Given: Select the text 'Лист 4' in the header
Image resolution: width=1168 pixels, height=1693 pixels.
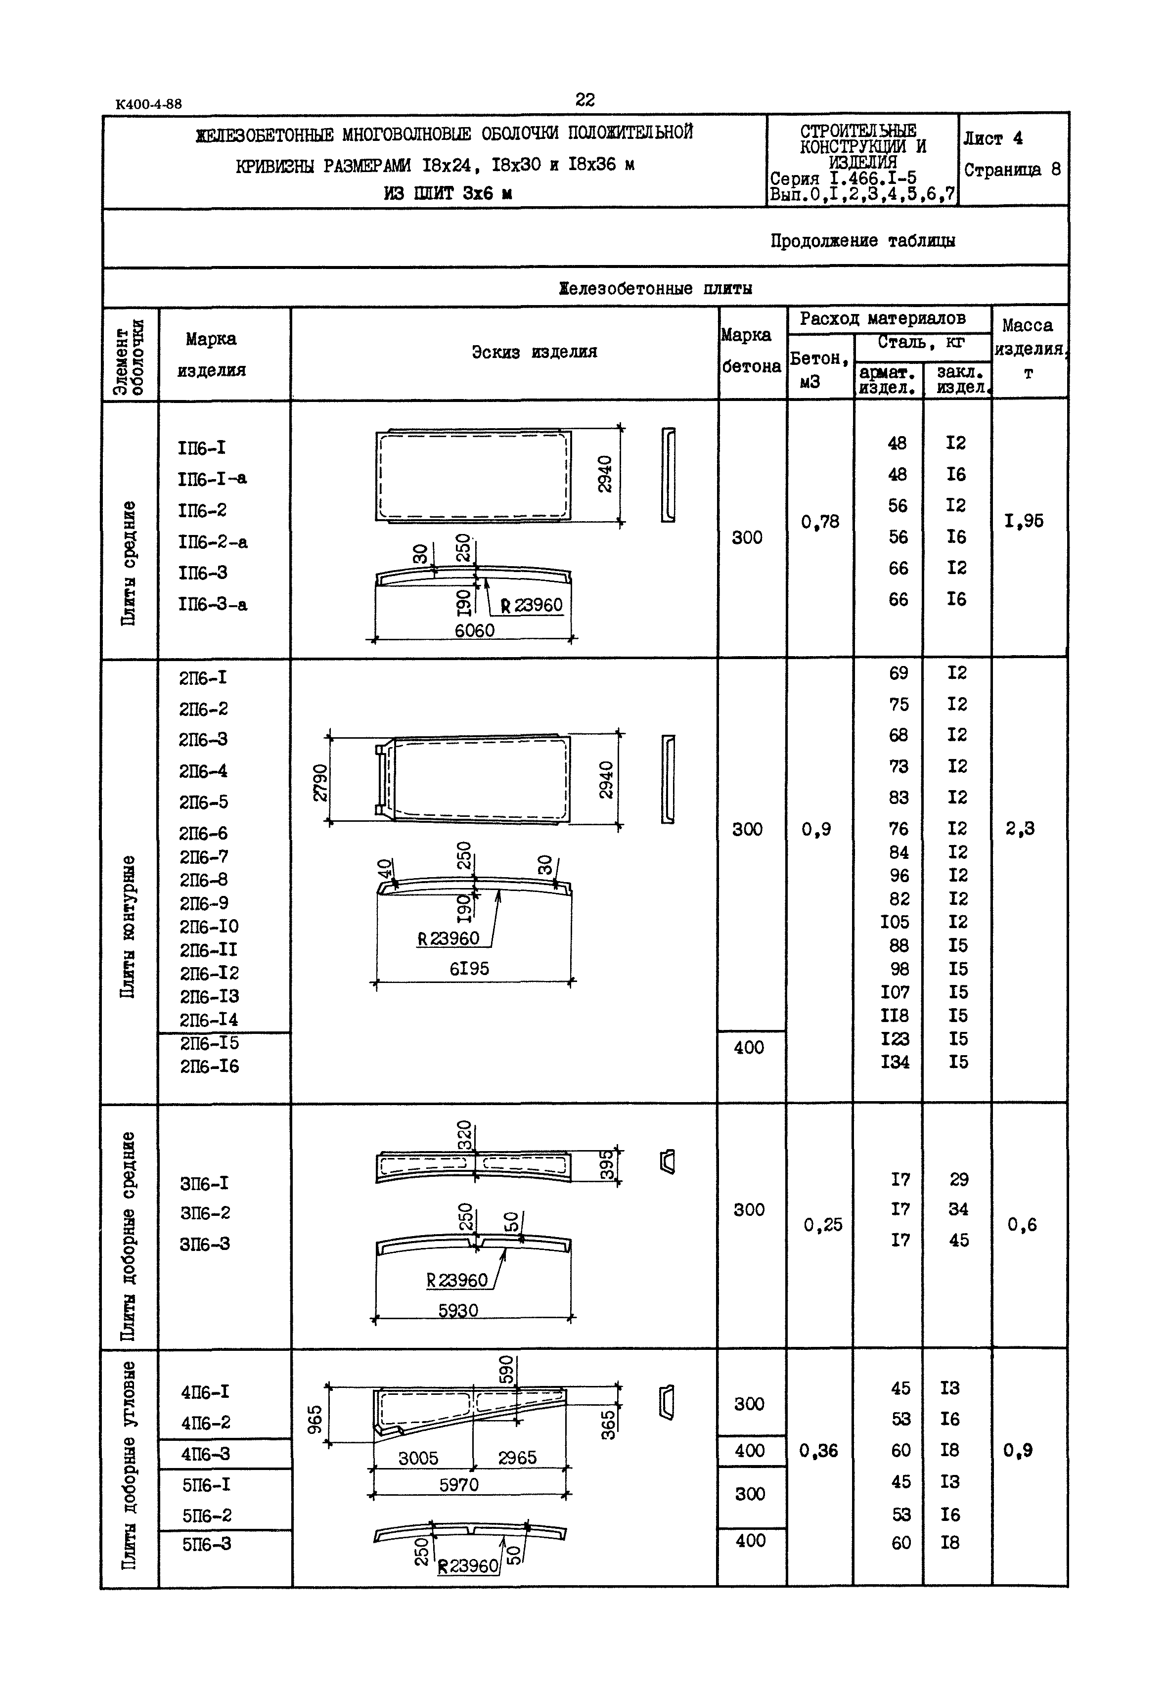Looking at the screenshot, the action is [x=992, y=138].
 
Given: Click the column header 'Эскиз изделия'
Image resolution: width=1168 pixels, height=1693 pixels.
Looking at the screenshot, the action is [x=534, y=352].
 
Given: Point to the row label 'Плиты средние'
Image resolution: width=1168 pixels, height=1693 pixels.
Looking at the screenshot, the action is [x=129, y=563].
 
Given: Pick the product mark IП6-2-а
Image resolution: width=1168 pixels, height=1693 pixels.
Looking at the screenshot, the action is [x=212, y=542].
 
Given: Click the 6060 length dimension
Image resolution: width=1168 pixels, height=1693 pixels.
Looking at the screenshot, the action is [x=474, y=630].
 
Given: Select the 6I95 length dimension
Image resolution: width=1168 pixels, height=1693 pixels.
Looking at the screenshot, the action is [x=469, y=969].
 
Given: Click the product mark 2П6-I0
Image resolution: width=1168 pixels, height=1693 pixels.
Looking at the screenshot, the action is [x=209, y=926].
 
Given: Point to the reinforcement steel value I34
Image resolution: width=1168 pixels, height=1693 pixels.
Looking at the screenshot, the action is [x=895, y=1062].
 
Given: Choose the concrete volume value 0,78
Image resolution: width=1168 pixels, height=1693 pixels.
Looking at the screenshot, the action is [x=820, y=522].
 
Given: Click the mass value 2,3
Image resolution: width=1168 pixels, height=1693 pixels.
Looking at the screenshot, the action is [x=1020, y=828].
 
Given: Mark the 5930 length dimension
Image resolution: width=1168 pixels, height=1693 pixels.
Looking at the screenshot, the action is [x=458, y=1310].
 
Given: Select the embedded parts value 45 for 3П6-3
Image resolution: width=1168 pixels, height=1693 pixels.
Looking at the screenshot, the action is [x=959, y=1240].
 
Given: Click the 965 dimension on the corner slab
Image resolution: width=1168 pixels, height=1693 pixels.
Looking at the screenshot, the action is [x=314, y=1420].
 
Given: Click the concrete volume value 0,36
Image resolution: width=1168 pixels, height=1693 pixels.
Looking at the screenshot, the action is [x=818, y=1450].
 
